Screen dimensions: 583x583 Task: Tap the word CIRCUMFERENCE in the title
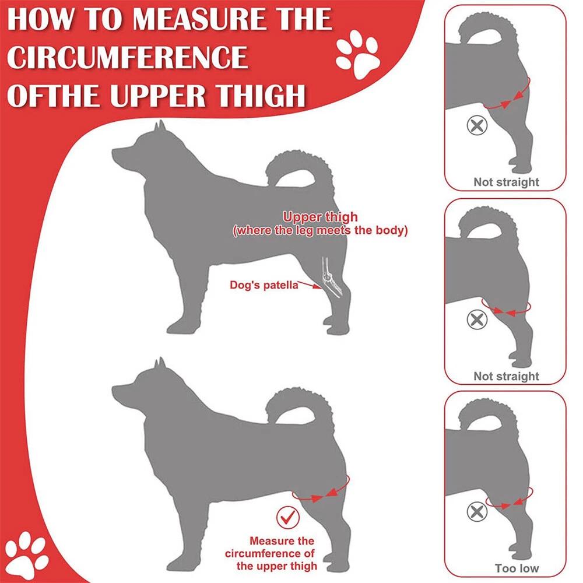pyautogui.click(x=127, y=57)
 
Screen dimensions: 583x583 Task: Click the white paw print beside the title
pyautogui.click(x=357, y=54)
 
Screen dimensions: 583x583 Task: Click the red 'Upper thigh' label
pyautogui.click(x=320, y=217)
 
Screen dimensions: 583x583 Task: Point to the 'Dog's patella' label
pyautogui.click(x=264, y=285)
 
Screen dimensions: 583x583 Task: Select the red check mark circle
pyautogui.click(x=288, y=517)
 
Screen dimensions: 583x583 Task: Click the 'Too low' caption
pyautogui.click(x=517, y=568)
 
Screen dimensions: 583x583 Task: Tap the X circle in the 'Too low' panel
pyautogui.click(x=477, y=511)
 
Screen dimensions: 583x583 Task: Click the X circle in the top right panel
pyautogui.click(x=477, y=125)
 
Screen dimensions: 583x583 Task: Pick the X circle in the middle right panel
pyautogui.click(x=477, y=319)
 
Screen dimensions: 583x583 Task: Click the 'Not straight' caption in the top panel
pyautogui.click(x=506, y=182)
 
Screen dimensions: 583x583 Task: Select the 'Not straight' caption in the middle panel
pyautogui.click(x=506, y=376)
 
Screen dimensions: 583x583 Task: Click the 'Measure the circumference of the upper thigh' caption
pyautogui.click(x=271, y=553)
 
